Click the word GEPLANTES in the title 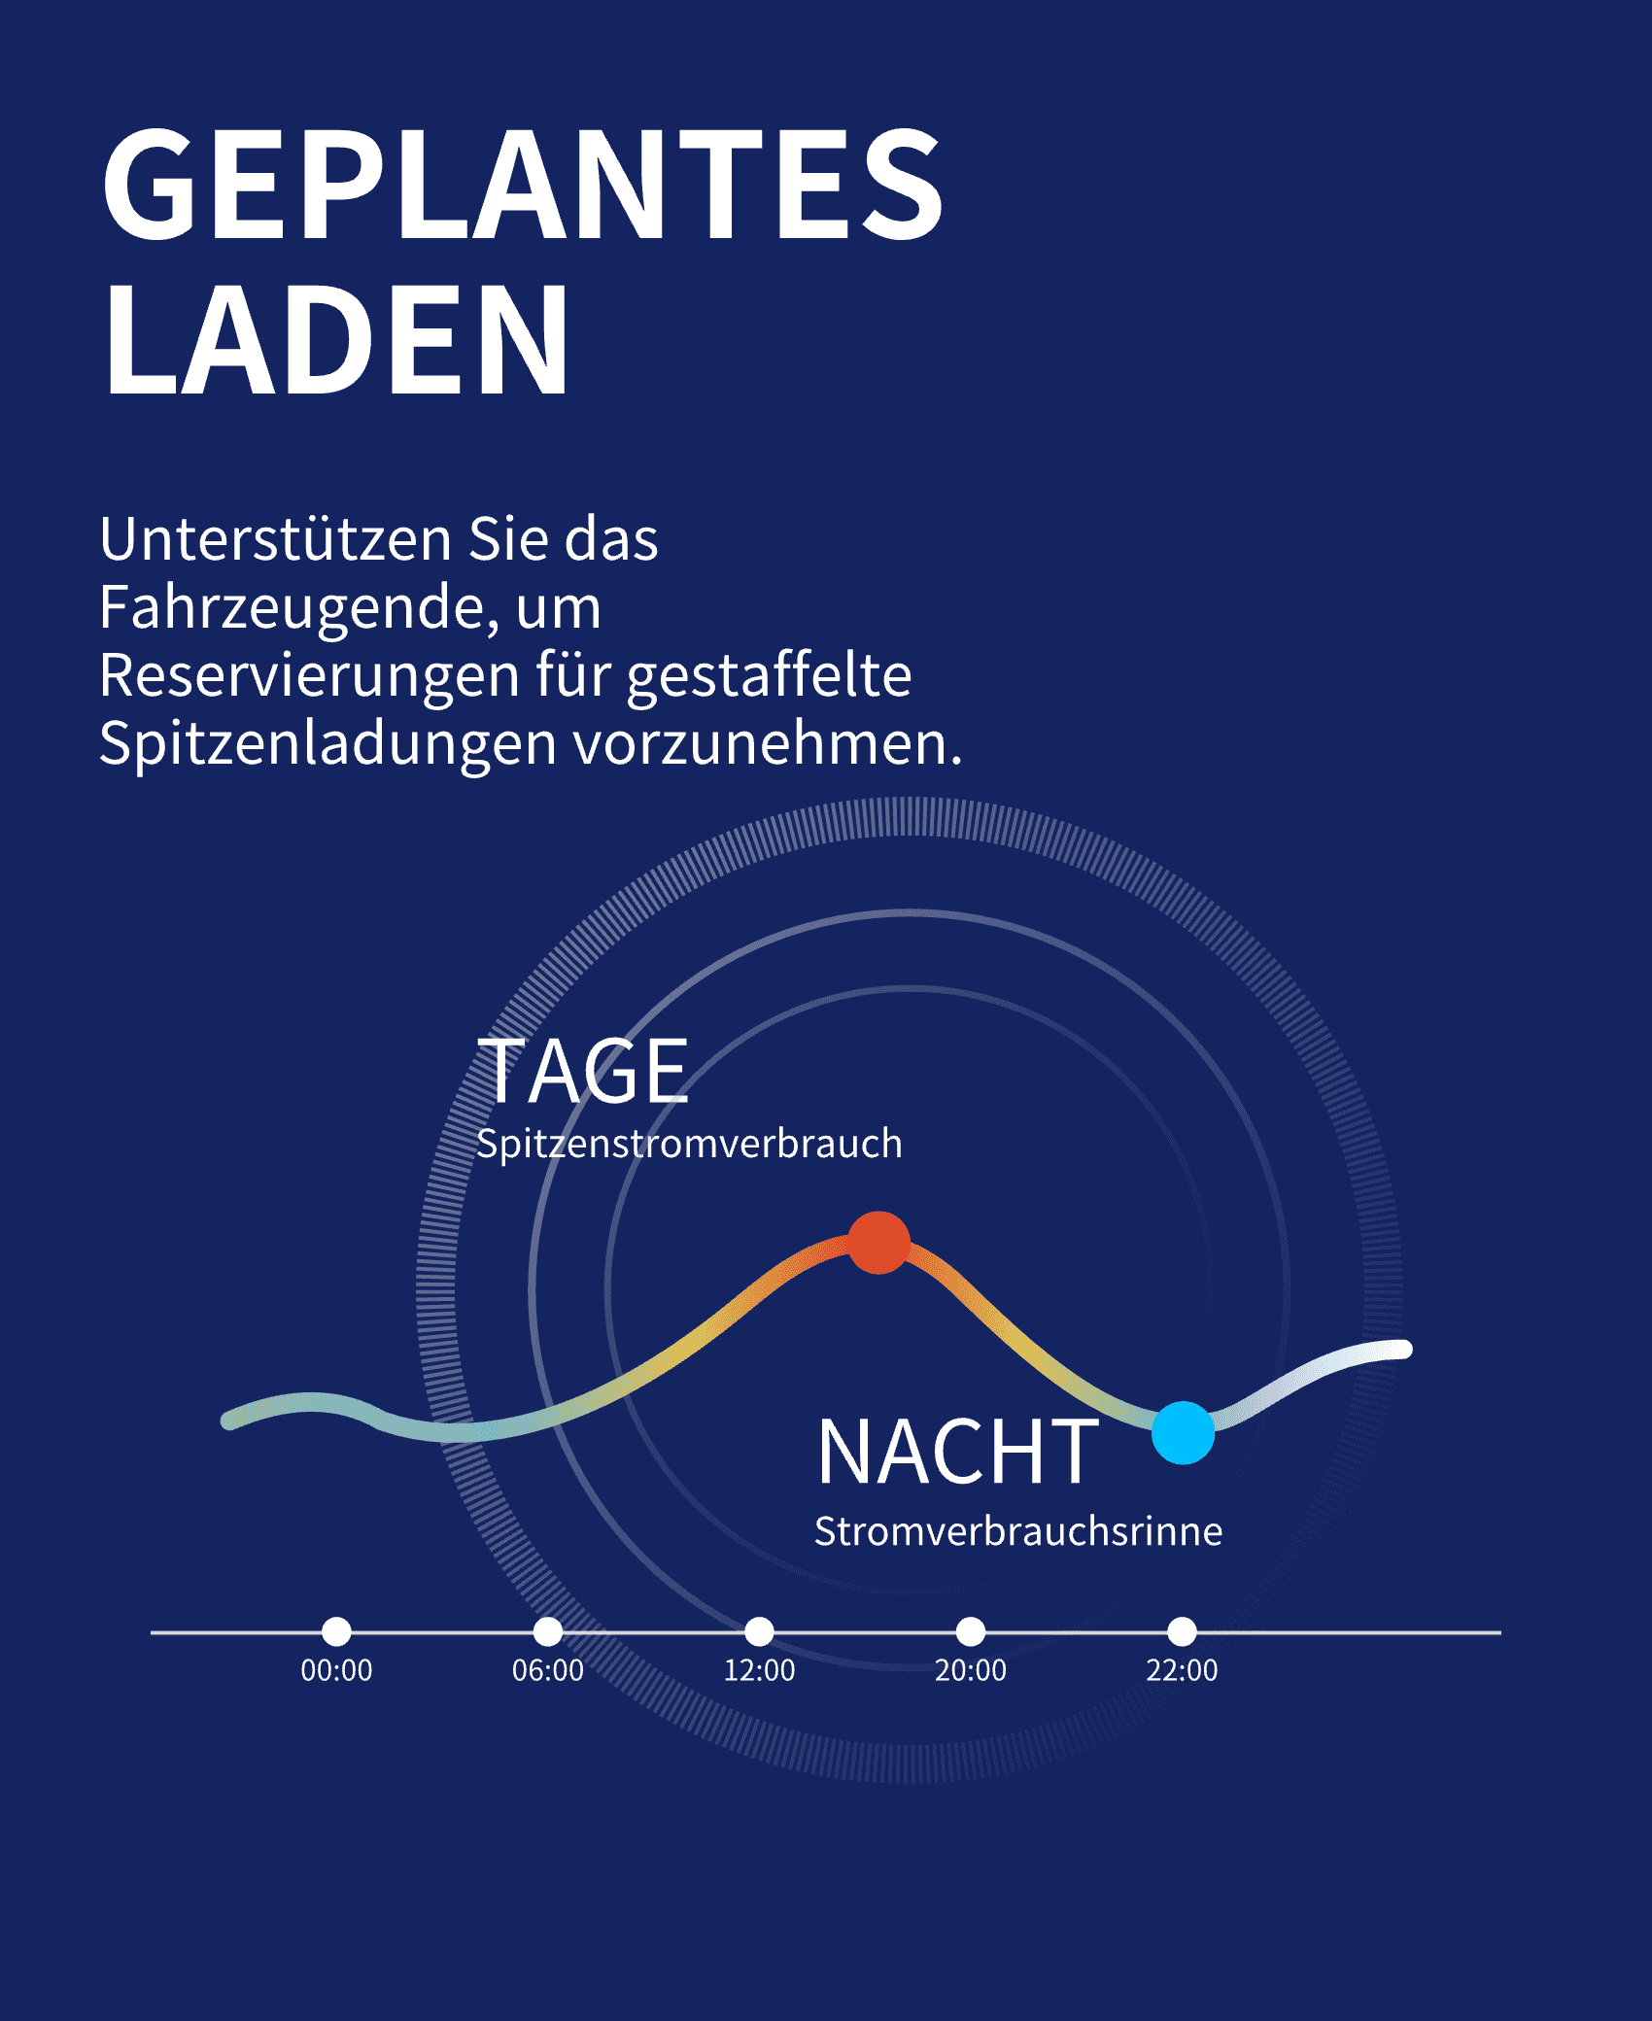(x=523, y=185)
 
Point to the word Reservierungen (x=309, y=676)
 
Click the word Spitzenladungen (x=327, y=744)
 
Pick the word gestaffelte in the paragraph (x=769, y=676)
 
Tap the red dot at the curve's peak (x=878, y=1243)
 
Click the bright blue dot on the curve (x=1183, y=1432)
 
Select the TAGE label (x=583, y=1072)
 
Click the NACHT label (x=957, y=1453)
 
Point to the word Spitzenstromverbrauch (x=689, y=1144)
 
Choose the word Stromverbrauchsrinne (x=1017, y=1531)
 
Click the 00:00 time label (x=336, y=1670)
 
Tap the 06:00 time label (x=548, y=1670)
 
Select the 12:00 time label (x=759, y=1670)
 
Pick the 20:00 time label (x=971, y=1670)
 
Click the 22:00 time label (x=1182, y=1670)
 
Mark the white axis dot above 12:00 (x=759, y=1631)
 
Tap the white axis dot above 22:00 (x=1182, y=1631)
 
